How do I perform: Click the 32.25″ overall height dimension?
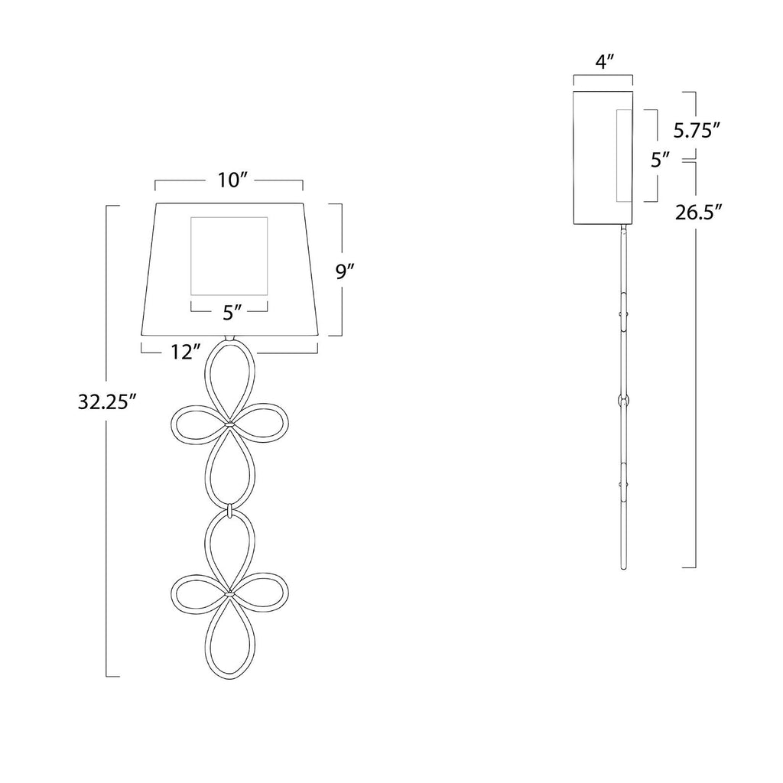pyautogui.click(x=107, y=402)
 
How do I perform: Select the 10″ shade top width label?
pyautogui.click(x=232, y=180)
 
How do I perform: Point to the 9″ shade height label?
pyautogui.click(x=345, y=271)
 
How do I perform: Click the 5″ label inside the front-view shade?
pyautogui.click(x=232, y=313)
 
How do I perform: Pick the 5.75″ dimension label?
pyautogui.click(x=697, y=130)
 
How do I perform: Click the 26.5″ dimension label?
pyautogui.click(x=699, y=212)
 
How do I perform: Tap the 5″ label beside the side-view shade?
pyautogui.click(x=660, y=161)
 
